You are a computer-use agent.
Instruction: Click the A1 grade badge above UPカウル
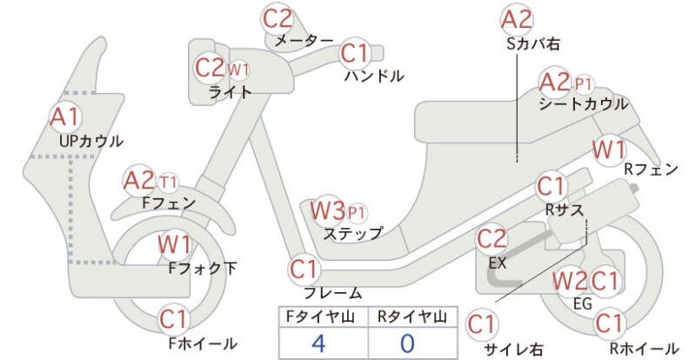[64, 116]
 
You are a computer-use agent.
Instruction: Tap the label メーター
[303, 41]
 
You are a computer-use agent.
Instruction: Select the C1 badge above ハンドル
[355, 54]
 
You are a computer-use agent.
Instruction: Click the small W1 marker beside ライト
[238, 69]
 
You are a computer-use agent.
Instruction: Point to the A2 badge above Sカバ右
[517, 17]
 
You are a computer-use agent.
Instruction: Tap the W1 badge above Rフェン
[608, 149]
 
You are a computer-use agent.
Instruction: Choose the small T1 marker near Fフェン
[168, 182]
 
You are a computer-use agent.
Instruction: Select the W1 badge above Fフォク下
[174, 243]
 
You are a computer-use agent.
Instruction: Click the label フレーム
[332, 292]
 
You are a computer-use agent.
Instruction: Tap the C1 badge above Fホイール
[174, 319]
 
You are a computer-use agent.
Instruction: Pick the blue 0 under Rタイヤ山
[409, 342]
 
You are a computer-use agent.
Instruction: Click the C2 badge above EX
[492, 238]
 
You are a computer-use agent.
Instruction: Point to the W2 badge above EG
[570, 281]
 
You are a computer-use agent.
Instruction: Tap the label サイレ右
[513, 349]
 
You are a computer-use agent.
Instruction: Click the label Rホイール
[644, 348]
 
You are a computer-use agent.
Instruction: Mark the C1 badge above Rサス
[551, 186]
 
